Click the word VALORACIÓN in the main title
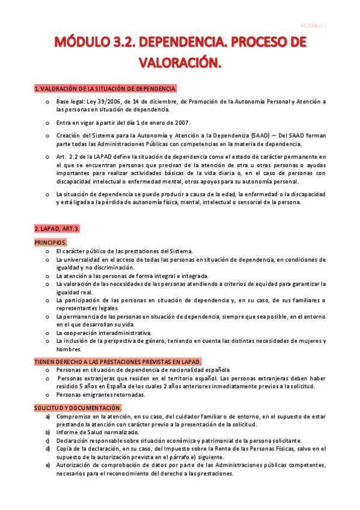click(x=180, y=62)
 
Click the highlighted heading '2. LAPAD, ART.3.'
click(x=57, y=229)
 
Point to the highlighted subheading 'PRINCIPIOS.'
click(x=50, y=242)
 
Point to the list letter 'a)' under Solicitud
click(x=47, y=416)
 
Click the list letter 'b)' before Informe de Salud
click(x=47, y=432)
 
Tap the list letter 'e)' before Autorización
click(x=47, y=465)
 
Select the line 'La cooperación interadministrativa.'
click(x=103, y=333)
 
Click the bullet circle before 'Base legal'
click(x=47, y=102)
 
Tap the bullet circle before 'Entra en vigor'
click(x=47, y=122)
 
